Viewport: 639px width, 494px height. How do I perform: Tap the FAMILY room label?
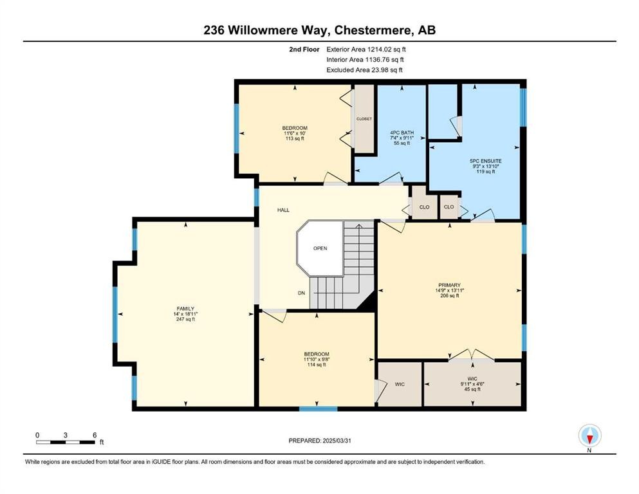(185, 309)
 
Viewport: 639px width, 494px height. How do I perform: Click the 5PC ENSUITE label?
(486, 161)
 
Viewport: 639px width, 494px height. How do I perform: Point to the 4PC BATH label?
(402, 133)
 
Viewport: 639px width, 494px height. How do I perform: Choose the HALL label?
(283, 210)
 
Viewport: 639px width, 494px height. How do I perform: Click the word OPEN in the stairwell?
(320, 248)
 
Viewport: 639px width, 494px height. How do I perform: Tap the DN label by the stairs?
(301, 293)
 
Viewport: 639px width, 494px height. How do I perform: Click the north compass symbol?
(589, 437)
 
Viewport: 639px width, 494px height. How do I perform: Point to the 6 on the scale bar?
(95, 435)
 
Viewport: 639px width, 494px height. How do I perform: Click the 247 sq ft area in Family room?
(185, 320)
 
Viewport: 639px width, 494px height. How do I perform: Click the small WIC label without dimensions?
(399, 384)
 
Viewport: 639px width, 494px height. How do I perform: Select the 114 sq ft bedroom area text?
(316, 365)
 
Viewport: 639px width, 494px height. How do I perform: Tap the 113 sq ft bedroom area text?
(295, 138)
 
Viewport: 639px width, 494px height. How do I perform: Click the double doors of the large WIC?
(472, 355)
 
